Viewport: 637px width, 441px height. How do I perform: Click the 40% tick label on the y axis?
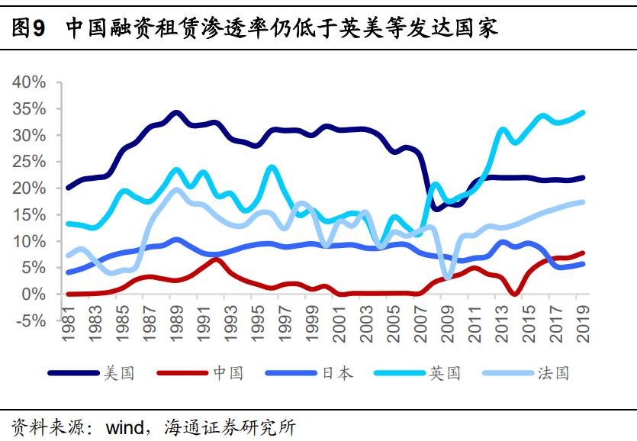pyautogui.click(x=30, y=82)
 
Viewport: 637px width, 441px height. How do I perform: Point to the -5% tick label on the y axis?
pyautogui.click(x=30, y=320)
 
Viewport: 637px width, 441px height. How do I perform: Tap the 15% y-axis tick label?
pyautogui.click(x=30, y=215)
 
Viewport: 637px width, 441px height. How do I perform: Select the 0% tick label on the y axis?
pyautogui.click(x=35, y=294)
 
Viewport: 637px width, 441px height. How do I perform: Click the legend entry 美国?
pyautogui.click(x=119, y=373)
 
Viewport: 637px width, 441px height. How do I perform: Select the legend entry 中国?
pyautogui.click(x=227, y=373)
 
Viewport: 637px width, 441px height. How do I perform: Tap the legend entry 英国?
pyautogui.click(x=445, y=373)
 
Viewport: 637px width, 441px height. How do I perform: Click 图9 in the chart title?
pyautogui.click(x=30, y=29)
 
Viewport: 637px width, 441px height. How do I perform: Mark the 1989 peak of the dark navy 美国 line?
pyautogui.click(x=177, y=113)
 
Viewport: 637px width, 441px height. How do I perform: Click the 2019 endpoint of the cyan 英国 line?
pyautogui.click(x=583, y=113)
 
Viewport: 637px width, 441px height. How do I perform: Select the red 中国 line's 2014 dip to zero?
pyautogui.click(x=516, y=293)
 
